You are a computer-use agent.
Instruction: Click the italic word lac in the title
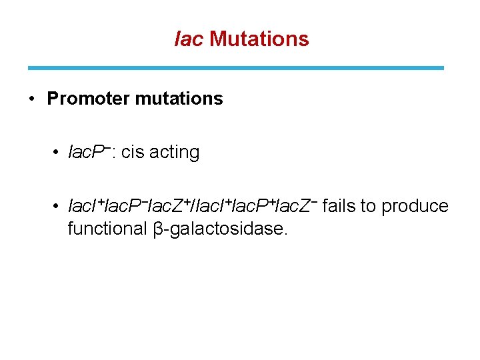[189, 39]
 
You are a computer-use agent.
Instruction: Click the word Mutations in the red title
[259, 39]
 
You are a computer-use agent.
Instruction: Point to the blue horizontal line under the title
[235, 67]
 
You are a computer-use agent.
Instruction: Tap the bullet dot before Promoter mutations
[31, 99]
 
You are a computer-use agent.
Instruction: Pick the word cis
[132, 153]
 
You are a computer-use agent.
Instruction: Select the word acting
[174, 153]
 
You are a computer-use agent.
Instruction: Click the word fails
[339, 206]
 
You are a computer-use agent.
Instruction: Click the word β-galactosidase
[221, 229]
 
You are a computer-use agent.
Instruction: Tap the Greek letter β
[158, 229]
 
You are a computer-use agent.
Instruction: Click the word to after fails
[368, 207]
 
